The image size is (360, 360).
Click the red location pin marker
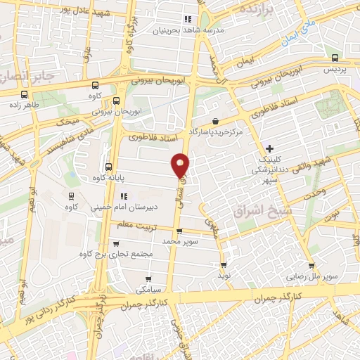[181, 165]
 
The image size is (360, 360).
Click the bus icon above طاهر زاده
[25, 95]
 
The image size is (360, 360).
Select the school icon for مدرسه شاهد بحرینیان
[187, 19]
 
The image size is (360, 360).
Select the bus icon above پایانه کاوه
[108, 167]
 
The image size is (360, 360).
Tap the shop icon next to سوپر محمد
[179, 231]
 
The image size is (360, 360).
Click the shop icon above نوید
[224, 265]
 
